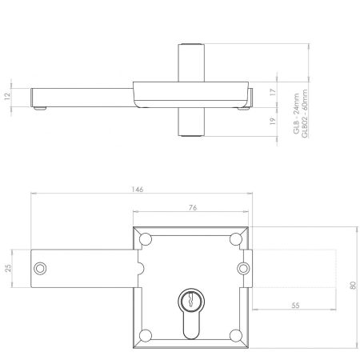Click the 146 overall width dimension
(x=138, y=190)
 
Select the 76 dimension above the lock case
(x=193, y=207)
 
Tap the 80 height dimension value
(x=353, y=286)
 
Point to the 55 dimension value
(x=295, y=306)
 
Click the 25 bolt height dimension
(x=9, y=268)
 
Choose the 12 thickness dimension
(x=7, y=96)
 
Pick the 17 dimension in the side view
(x=273, y=93)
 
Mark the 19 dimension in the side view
(x=272, y=121)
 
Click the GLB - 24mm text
(x=296, y=114)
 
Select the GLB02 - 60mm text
(x=305, y=114)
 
